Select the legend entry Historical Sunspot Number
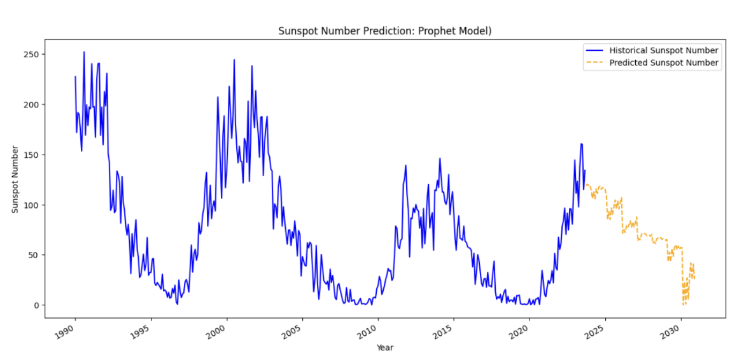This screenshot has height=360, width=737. [664, 50]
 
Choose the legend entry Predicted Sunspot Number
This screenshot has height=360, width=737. [664, 63]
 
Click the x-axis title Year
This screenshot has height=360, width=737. [384, 348]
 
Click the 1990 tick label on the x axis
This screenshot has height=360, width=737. [66, 332]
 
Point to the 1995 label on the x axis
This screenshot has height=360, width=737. [141, 332]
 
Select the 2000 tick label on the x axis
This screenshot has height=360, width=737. [217, 332]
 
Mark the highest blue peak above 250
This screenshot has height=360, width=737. [84, 52]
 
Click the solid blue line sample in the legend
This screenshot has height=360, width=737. [595, 50]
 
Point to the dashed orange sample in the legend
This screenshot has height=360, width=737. [595, 63]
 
